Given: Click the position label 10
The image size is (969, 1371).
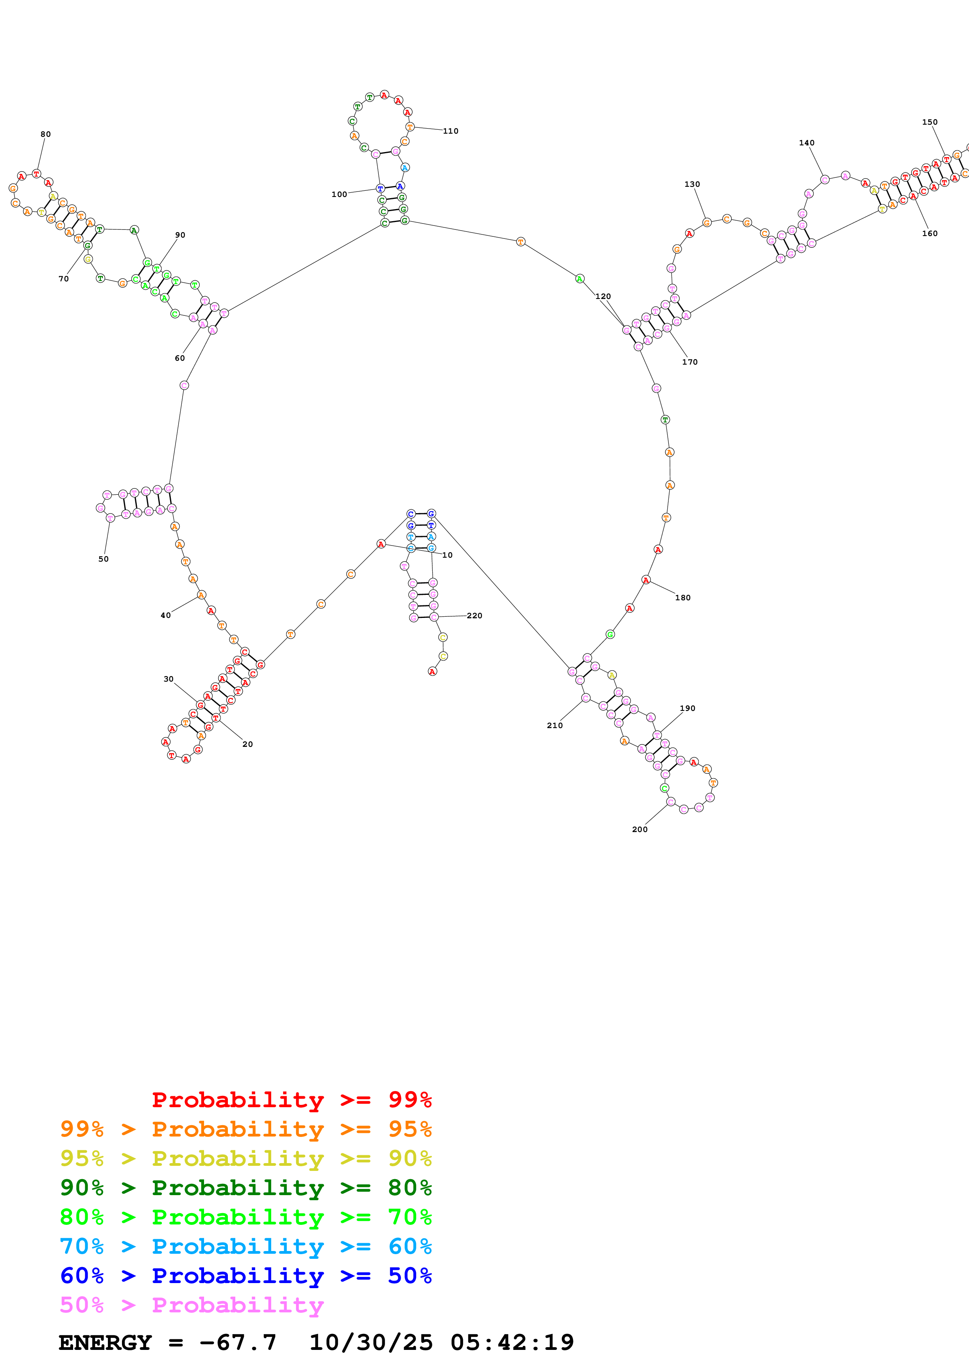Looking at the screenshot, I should point(447,555).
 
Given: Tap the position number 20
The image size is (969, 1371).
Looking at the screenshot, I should point(247,744).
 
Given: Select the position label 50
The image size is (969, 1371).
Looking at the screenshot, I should point(103,559).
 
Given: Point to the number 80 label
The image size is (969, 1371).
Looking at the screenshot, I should point(45,134).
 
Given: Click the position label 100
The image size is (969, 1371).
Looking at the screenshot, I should point(339,194).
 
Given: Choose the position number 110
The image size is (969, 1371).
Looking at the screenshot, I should point(451,131).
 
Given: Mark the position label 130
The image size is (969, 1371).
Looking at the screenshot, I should point(692,184).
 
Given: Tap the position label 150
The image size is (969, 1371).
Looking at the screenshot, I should point(930,122).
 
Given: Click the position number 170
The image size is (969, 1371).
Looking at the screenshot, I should point(690,362).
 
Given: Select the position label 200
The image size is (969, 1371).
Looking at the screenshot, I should point(639,829).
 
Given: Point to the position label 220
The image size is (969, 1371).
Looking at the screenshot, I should point(475,616).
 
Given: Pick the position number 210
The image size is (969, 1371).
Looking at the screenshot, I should point(555,725).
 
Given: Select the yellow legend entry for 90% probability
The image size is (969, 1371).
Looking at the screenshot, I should point(245,1158).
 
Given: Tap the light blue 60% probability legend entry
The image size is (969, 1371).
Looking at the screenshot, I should point(245,1246).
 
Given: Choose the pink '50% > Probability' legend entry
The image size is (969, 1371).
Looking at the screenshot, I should point(192,1305).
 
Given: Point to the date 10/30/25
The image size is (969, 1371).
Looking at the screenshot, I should point(371,1342).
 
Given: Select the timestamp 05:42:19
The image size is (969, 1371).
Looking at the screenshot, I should point(512,1342).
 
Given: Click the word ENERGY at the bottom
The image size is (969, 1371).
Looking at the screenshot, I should point(105,1342).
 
